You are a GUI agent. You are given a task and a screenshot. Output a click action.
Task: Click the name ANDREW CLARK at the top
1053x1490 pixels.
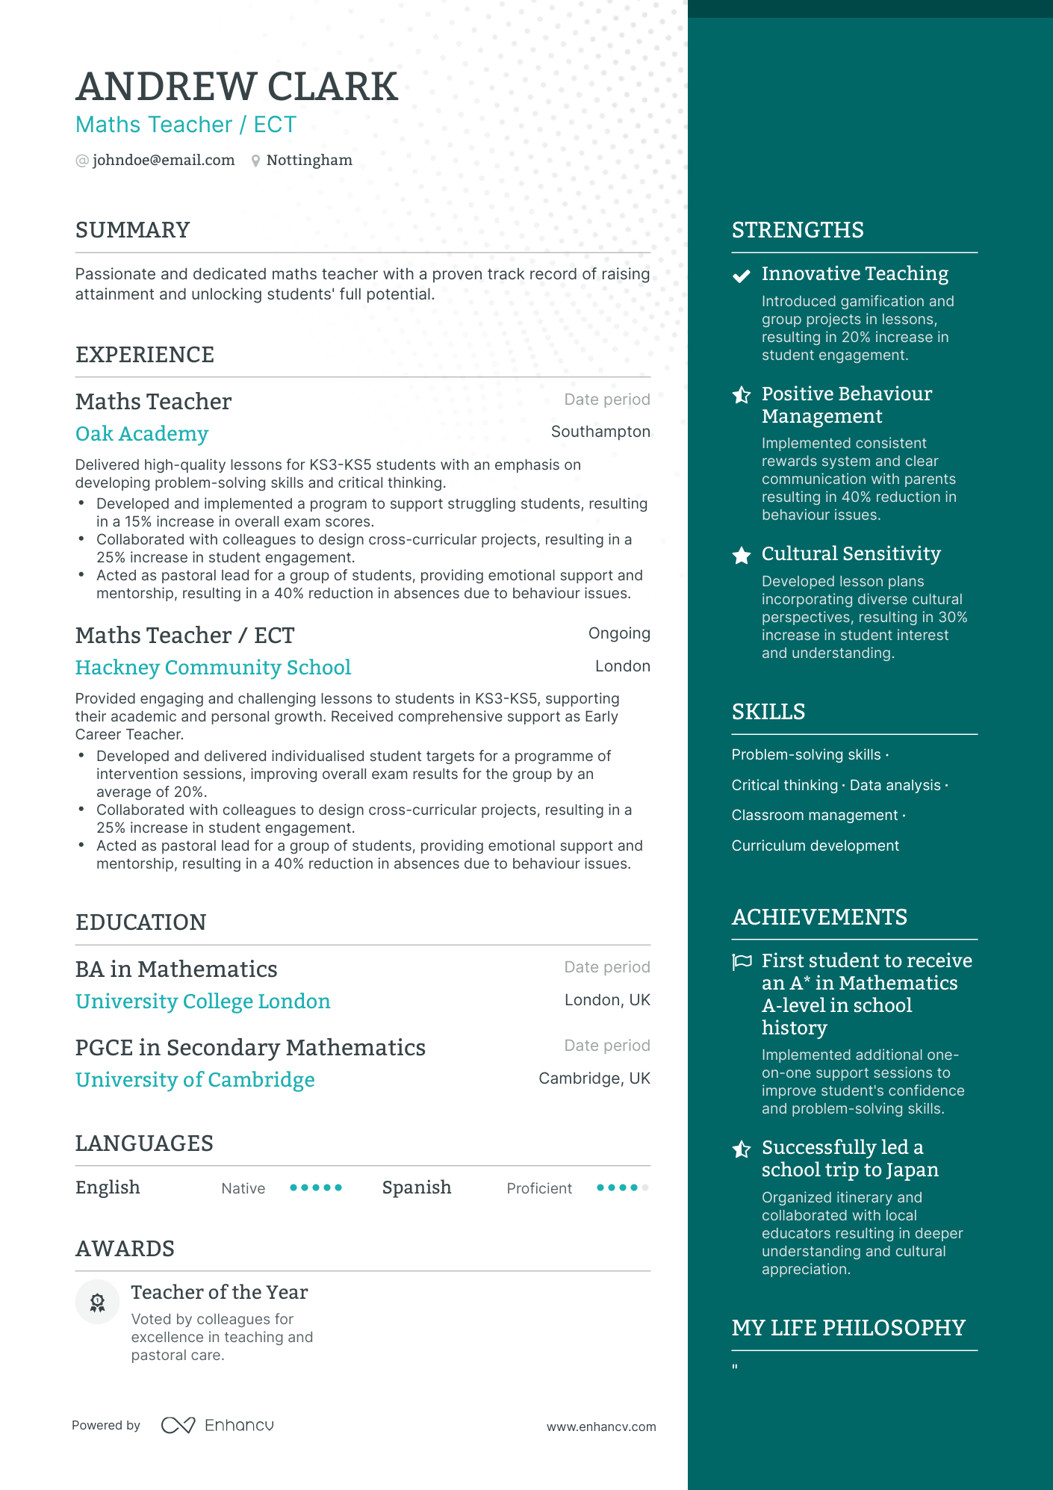[237, 87]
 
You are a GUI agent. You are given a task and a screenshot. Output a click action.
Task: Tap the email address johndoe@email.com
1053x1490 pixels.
[163, 160]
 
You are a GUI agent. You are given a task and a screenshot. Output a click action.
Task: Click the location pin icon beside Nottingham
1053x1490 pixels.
[255, 161]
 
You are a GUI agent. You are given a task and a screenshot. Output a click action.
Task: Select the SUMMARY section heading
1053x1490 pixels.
[132, 230]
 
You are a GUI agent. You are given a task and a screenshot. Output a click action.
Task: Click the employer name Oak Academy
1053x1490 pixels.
[142, 433]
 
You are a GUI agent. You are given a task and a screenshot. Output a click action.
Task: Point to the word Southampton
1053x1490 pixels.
[600, 432]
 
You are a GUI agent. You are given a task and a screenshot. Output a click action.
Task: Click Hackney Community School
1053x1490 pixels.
[213, 667]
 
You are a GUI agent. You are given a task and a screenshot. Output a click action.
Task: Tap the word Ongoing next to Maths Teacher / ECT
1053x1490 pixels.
[618, 633]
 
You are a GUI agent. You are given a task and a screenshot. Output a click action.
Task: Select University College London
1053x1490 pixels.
[202, 1001]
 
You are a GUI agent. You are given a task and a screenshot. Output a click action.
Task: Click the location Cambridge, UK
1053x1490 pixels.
[594, 1078]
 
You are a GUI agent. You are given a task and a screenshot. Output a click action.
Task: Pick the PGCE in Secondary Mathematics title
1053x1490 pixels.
[250, 1047]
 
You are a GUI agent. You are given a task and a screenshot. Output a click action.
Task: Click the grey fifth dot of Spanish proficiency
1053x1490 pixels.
[645, 1188]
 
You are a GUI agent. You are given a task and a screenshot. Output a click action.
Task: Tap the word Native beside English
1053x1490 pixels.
[243, 1188]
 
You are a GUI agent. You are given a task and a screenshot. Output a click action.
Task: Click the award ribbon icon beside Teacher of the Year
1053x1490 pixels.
[97, 1303]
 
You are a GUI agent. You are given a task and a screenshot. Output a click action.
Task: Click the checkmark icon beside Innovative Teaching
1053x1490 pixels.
[741, 276]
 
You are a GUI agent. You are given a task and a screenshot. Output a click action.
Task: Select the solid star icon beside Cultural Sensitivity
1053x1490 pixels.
[741, 555]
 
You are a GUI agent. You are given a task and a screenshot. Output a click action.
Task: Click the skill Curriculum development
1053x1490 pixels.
[815, 845]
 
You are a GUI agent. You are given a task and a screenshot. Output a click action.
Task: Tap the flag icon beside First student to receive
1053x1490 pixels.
[742, 961]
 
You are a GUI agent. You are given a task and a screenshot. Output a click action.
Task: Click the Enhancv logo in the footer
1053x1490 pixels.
[217, 1425]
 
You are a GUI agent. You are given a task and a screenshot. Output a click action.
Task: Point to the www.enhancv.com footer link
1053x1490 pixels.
[600, 1427]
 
